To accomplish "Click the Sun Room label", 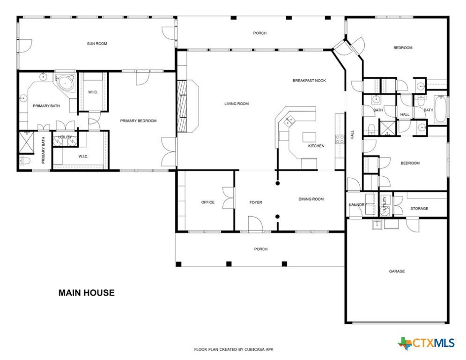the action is (97, 44).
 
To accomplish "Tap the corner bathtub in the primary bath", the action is (66, 82).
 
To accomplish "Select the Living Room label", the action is (236, 104).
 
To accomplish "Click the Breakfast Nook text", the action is (309, 81).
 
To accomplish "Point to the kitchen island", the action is (309, 137).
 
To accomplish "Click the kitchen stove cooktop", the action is (340, 139).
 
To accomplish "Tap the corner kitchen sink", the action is (288, 122).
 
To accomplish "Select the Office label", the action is (208, 202).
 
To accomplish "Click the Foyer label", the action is (256, 202).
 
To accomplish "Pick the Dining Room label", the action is (311, 199).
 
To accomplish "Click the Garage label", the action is (397, 271).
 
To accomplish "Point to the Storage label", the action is (419, 209).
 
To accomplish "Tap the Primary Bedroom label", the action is (138, 121).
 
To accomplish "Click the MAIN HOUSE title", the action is (87, 293).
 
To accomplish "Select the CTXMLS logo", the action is (426, 343).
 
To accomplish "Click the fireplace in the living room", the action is (182, 106).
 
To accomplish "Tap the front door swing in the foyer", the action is (255, 223).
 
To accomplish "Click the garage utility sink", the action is (377, 225).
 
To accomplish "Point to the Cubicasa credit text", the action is (234, 349).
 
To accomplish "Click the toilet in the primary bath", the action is (25, 161).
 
